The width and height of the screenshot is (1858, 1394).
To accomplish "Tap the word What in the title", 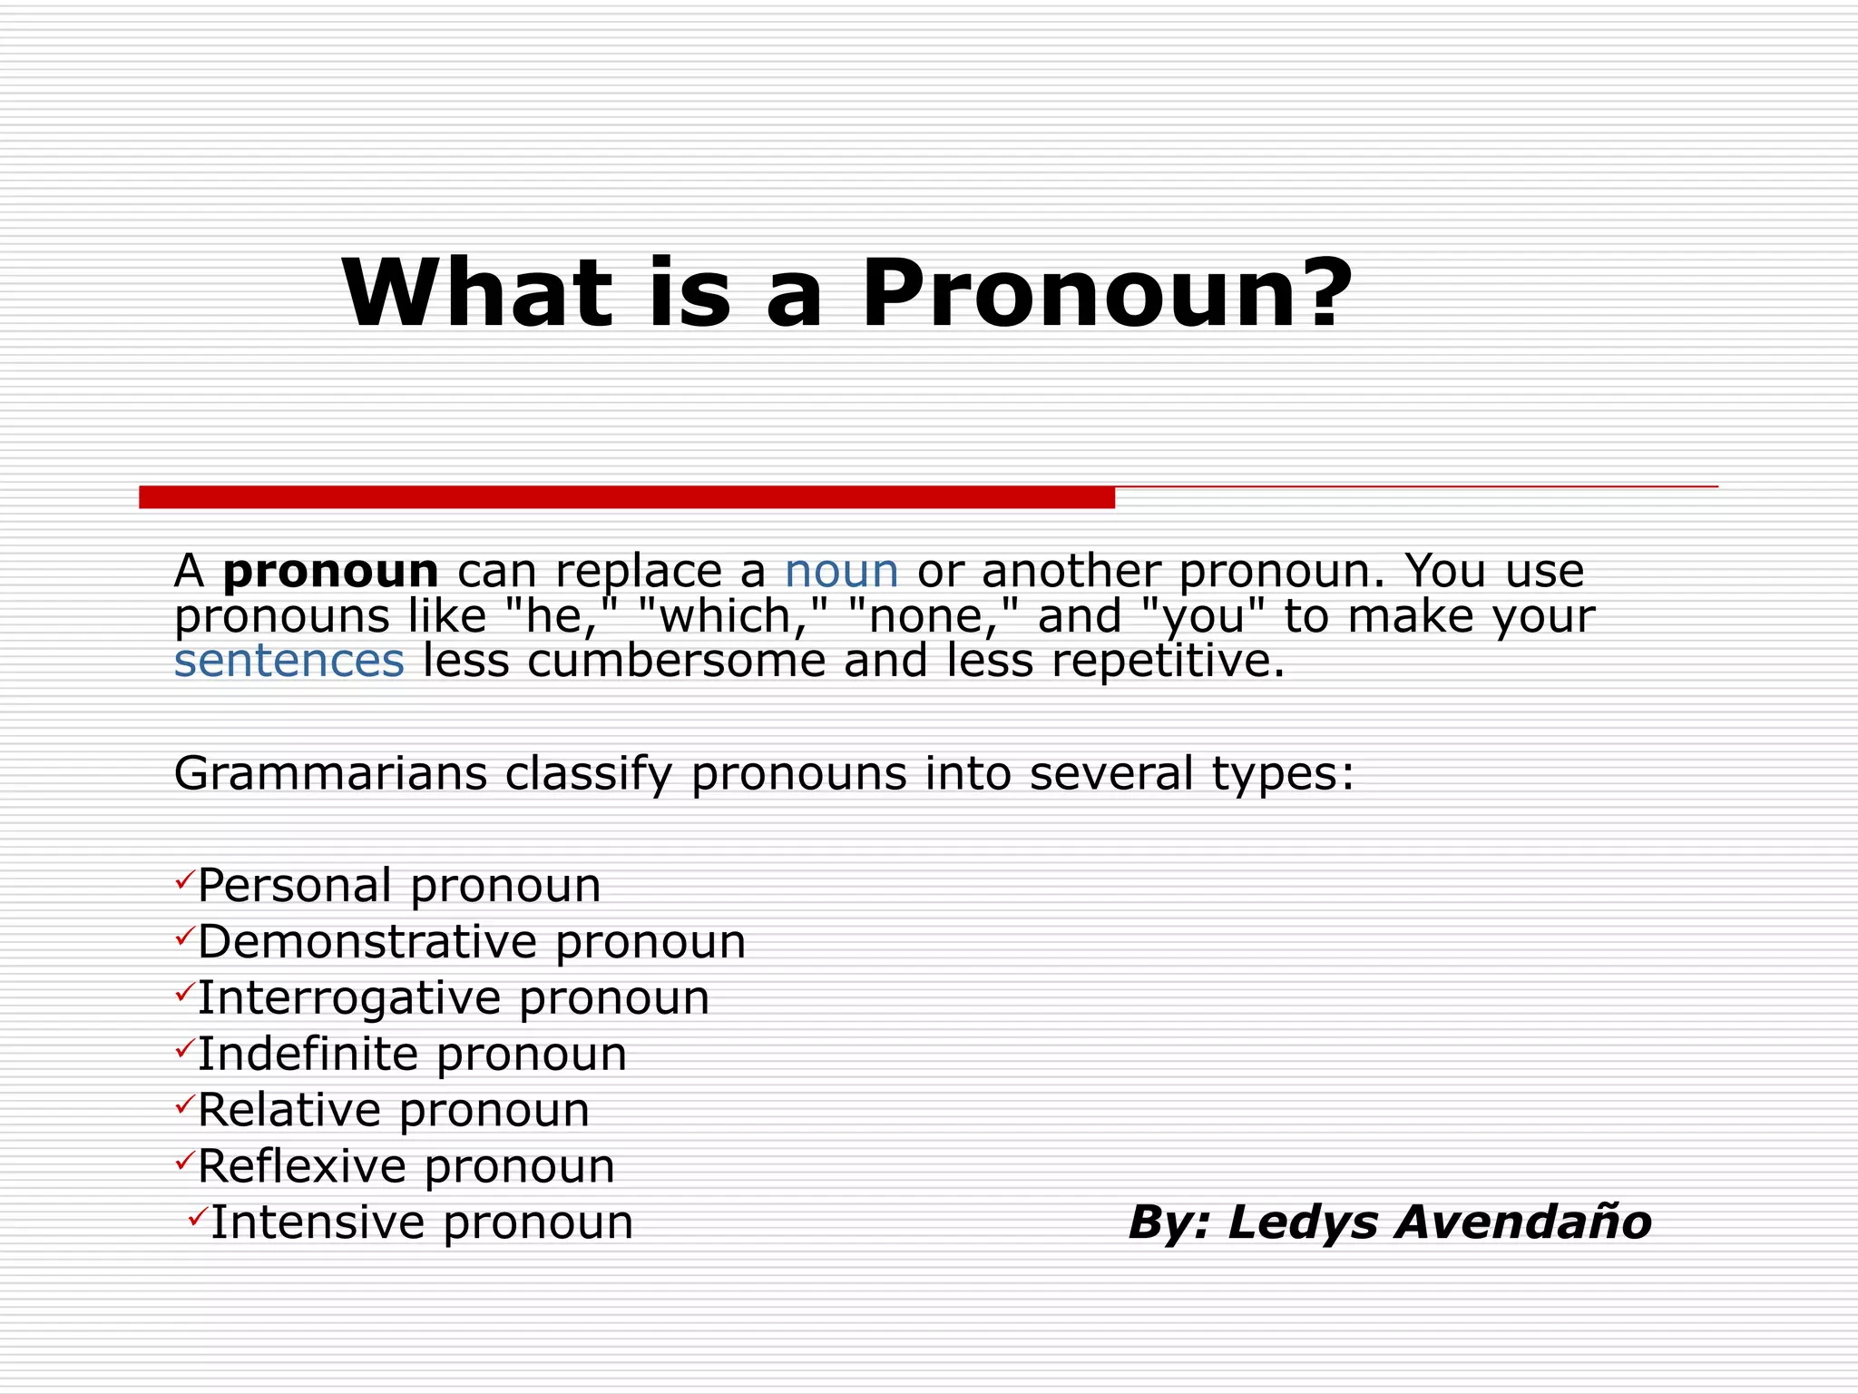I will (477, 294).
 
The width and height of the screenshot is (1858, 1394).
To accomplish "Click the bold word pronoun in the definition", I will (331, 572).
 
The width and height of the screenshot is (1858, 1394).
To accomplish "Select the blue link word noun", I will (841, 572).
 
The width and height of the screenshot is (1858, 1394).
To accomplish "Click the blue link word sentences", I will (288, 661).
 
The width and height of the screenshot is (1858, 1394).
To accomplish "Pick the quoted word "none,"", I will (934, 616).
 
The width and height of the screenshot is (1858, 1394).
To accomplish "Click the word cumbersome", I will (676, 661).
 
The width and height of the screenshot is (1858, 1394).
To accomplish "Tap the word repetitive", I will (1168, 661).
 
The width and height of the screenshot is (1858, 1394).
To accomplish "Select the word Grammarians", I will (330, 774).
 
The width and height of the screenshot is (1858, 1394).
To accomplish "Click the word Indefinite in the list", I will (308, 1055).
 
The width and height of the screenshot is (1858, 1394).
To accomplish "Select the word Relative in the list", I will (288, 1111).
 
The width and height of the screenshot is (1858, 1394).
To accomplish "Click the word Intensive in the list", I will (317, 1223).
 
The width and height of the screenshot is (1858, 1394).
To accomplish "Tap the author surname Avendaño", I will (1523, 1222).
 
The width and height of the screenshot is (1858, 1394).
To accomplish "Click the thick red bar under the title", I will (626, 497).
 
